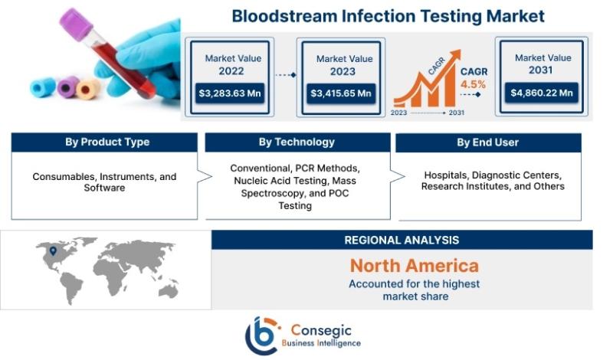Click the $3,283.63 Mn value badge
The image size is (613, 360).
coord(229,93)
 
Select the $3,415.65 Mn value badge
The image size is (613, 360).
coord(341,93)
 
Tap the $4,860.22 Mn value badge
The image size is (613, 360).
coord(542,93)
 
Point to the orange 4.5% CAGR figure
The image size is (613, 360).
coord(473,84)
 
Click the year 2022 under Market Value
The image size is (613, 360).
coord(231,71)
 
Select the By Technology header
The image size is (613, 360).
coord(297,142)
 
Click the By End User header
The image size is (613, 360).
coord(488,142)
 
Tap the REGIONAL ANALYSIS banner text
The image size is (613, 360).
coord(402,240)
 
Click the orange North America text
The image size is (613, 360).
coord(415,266)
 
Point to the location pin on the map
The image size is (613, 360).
coord(53,251)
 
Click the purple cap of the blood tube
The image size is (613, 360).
coord(76,24)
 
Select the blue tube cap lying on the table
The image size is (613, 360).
coord(43,87)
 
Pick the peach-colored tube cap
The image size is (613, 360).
coord(87,89)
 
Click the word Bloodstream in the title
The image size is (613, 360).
coord(284,16)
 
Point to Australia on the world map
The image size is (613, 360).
coord(169,291)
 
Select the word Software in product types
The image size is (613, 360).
coord(104,188)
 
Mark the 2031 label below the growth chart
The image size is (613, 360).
coord(456,113)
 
